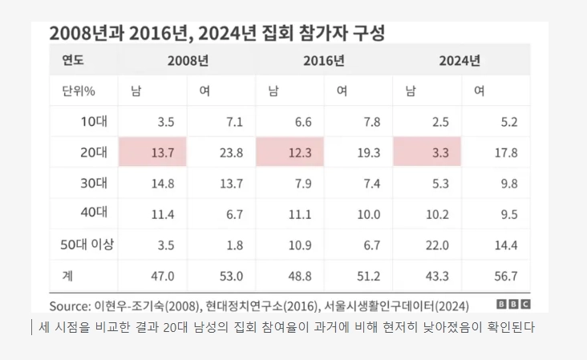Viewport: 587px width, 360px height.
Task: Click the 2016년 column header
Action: (x=324, y=60)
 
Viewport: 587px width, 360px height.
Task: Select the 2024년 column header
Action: (x=460, y=60)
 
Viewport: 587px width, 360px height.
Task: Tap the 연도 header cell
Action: (x=73, y=60)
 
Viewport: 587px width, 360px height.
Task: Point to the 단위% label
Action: (x=79, y=91)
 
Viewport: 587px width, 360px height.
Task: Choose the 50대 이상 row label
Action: (x=87, y=245)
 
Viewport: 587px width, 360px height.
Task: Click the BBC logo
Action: (x=513, y=305)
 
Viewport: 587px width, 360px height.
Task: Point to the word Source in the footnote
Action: (x=70, y=305)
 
